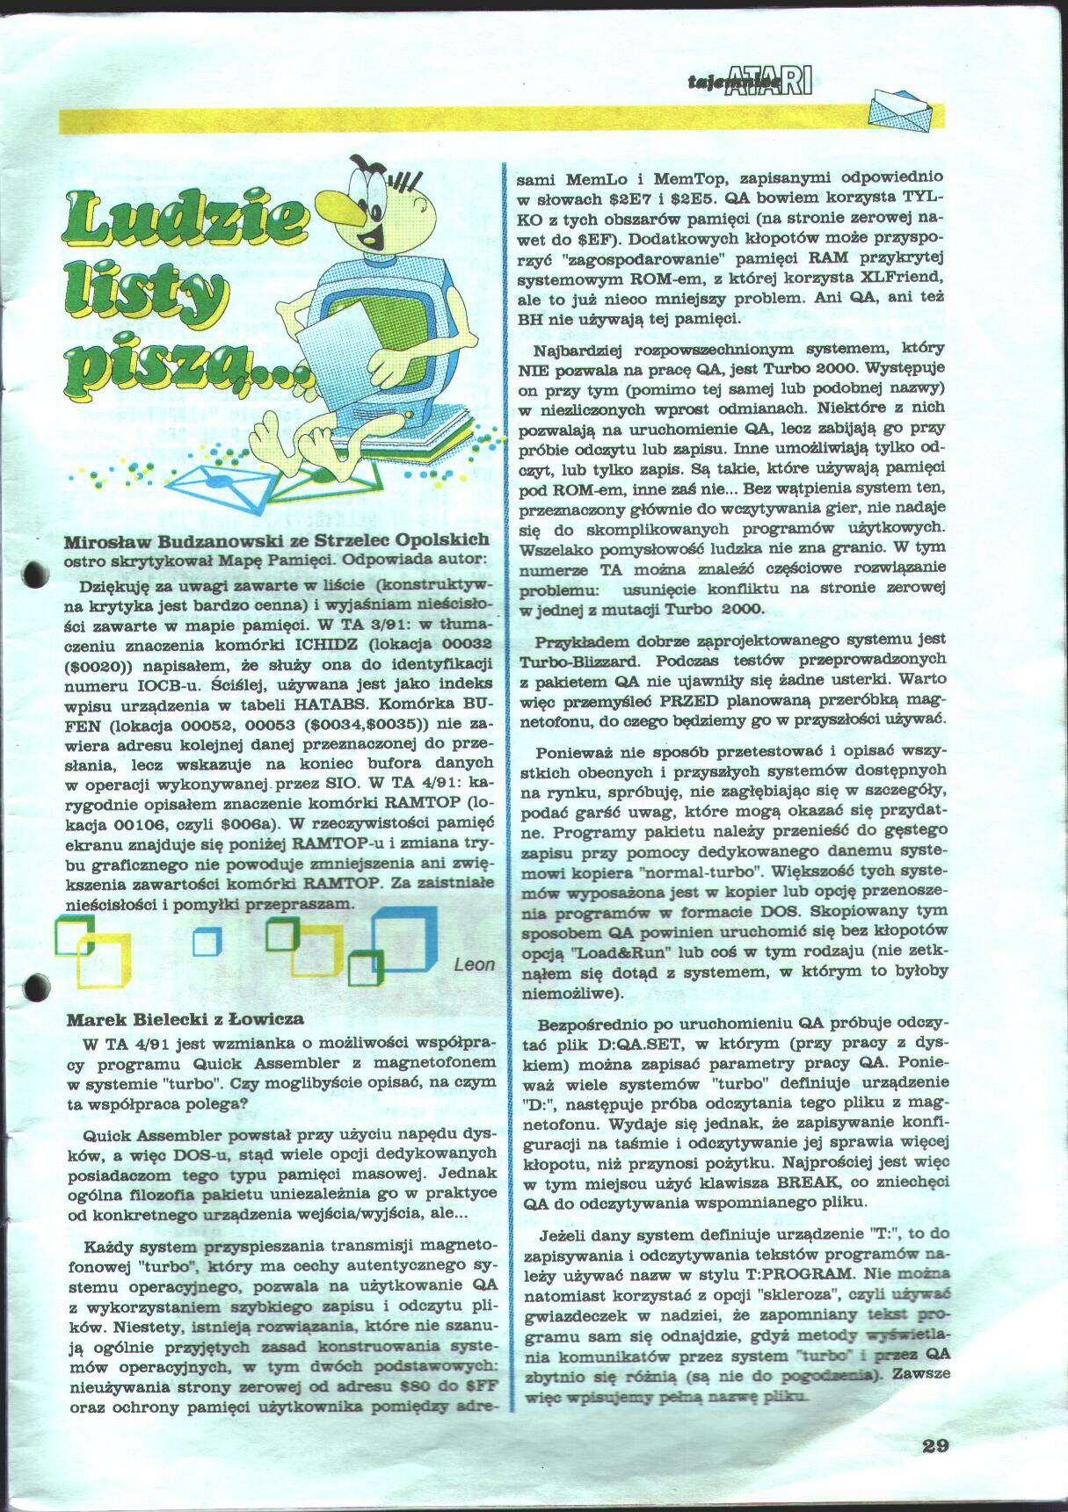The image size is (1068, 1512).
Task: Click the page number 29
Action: click(x=935, y=1445)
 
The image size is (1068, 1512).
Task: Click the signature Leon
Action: click(x=475, y=965)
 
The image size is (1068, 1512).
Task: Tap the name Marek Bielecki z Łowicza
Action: click(x=185, y=1019)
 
